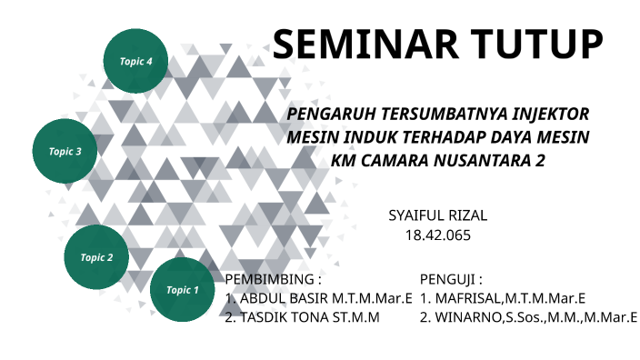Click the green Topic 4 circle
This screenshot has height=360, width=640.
point(136,61)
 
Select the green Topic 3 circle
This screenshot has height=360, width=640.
point(66,151)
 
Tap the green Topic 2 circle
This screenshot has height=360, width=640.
point(96,256)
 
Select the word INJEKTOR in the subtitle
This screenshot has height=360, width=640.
point(550,115)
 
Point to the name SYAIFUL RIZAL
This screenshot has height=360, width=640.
point(437,215)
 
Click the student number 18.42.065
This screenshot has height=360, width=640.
point(437,235)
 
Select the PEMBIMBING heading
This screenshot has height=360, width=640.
point(272,278)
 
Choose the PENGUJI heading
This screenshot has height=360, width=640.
point(450,278)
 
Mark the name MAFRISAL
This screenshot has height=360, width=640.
point(466,298)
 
